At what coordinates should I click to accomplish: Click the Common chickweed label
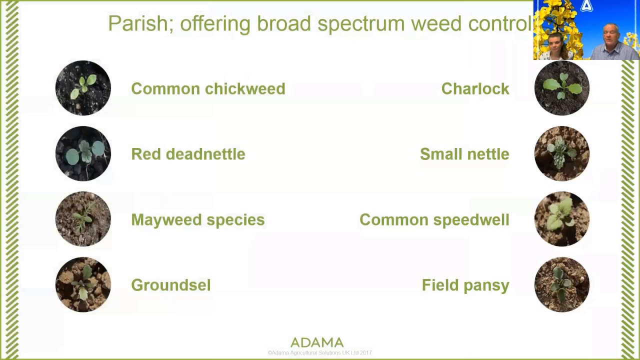tap(208, 88)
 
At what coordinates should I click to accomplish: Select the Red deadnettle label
tap(188, 154)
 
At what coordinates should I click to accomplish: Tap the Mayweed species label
tap(197, 220)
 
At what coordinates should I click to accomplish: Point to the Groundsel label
tap(171, 285)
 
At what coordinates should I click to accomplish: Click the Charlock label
tap(475, 88)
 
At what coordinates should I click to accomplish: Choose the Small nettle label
tap(464, 154)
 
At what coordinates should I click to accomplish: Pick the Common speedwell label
tap(434, 220)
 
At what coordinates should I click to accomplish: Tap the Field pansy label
tap(465, 285)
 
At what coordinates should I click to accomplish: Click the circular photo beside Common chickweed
tap(83, 88)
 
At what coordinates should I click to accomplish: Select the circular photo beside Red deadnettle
tap(83, 153)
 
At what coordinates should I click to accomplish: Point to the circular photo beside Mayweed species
tap(83, 219)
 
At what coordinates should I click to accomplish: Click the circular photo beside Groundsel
tap(83, 284)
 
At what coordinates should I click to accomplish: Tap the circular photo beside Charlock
tap(562, 88)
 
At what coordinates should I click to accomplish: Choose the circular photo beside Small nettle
tap(562, 153)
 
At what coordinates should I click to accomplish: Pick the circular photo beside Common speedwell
tap(562, 219)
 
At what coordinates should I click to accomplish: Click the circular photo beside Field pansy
tap(562, 284)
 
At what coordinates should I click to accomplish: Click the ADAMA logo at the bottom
tap(317, 342)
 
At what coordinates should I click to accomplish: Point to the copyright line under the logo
tap(319, 353)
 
